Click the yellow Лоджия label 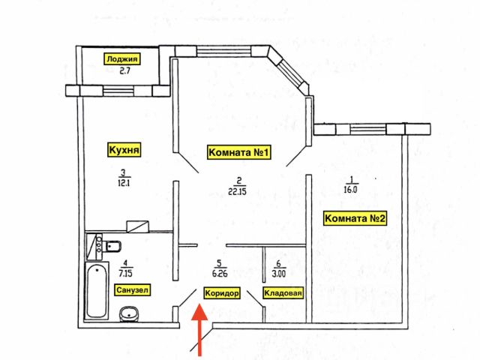coord(123,58)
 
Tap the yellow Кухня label coord(124,150)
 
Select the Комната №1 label coord(238,152)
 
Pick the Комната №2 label coord(355,218)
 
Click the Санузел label coord(133,290)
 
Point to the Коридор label coord(222,293)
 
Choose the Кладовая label coord(283,293)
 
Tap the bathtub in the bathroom coord(97,291)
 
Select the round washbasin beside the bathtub coord(129,314)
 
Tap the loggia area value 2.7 coord(124,71)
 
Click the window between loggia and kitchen coord(118,91)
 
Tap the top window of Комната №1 coord(224,51)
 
